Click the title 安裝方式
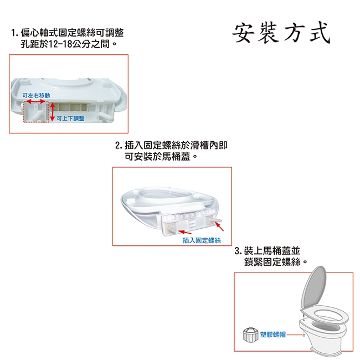click(x=281, y=33)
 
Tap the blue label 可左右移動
click(x=36, y=95)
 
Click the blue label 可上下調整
click(x=70, y=119)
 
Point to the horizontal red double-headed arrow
click(x=35, y=101)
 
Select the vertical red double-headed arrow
click(x=53, y=112)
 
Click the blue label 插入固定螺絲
click(x=202, y=240)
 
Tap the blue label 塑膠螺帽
click(x=272, y=335)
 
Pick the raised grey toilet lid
click(x=313, y=286)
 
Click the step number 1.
click(x=14, y=33)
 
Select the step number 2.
click(x=118, y=146)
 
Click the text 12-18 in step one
click(x=60, y=44)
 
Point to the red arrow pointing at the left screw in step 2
click(x=184, y=232)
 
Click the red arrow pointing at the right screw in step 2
click(x=219, y=227)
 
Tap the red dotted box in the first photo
click(x=36, y=112)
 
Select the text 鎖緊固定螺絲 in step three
click(x=272, y=262)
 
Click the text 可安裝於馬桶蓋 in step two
click(x=157, y=157)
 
